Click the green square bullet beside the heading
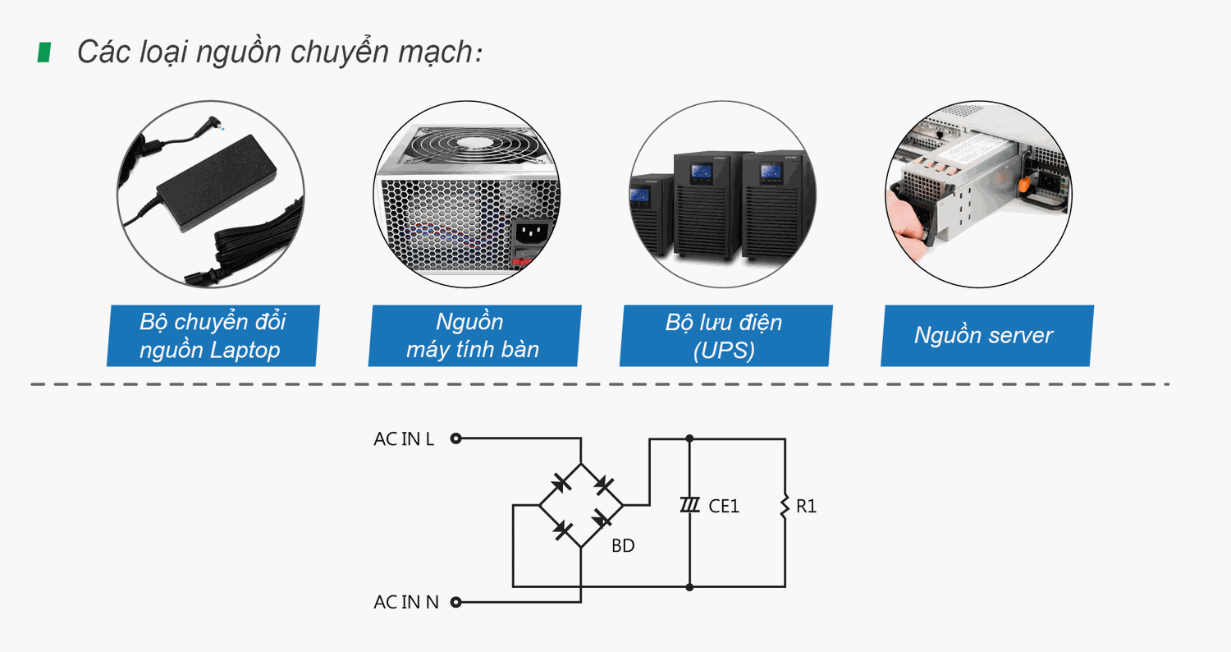(44, 53)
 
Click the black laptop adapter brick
(217, 181)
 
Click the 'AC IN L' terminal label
(404, 439)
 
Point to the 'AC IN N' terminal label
(406, 603)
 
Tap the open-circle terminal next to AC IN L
(456, 438)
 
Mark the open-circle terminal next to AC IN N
(456, 603)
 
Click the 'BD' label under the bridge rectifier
(623, 545)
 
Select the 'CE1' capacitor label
(724, 507)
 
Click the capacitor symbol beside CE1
(689, 505)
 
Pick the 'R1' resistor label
(807, 507)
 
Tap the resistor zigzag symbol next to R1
(785, 505)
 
